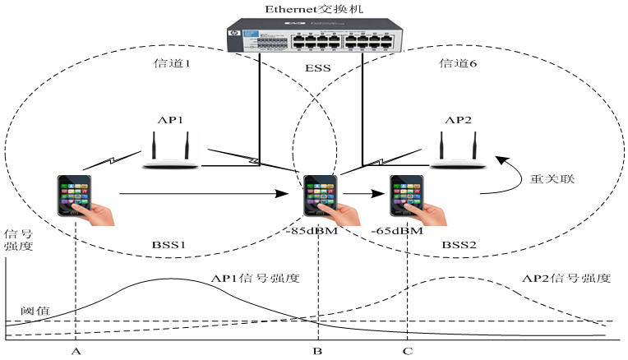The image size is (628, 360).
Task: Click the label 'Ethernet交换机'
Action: pyautogui.click(x=313, y=8)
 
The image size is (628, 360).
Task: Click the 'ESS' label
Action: pyautogui.click(x=314, y=69)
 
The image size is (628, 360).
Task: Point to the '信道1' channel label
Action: pyautogui.click(x=173, y=63)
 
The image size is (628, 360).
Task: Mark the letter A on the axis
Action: pyautogui.click(x=76, y=351)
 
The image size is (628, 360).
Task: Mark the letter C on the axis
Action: pyautogui.click(x=408, y=351)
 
